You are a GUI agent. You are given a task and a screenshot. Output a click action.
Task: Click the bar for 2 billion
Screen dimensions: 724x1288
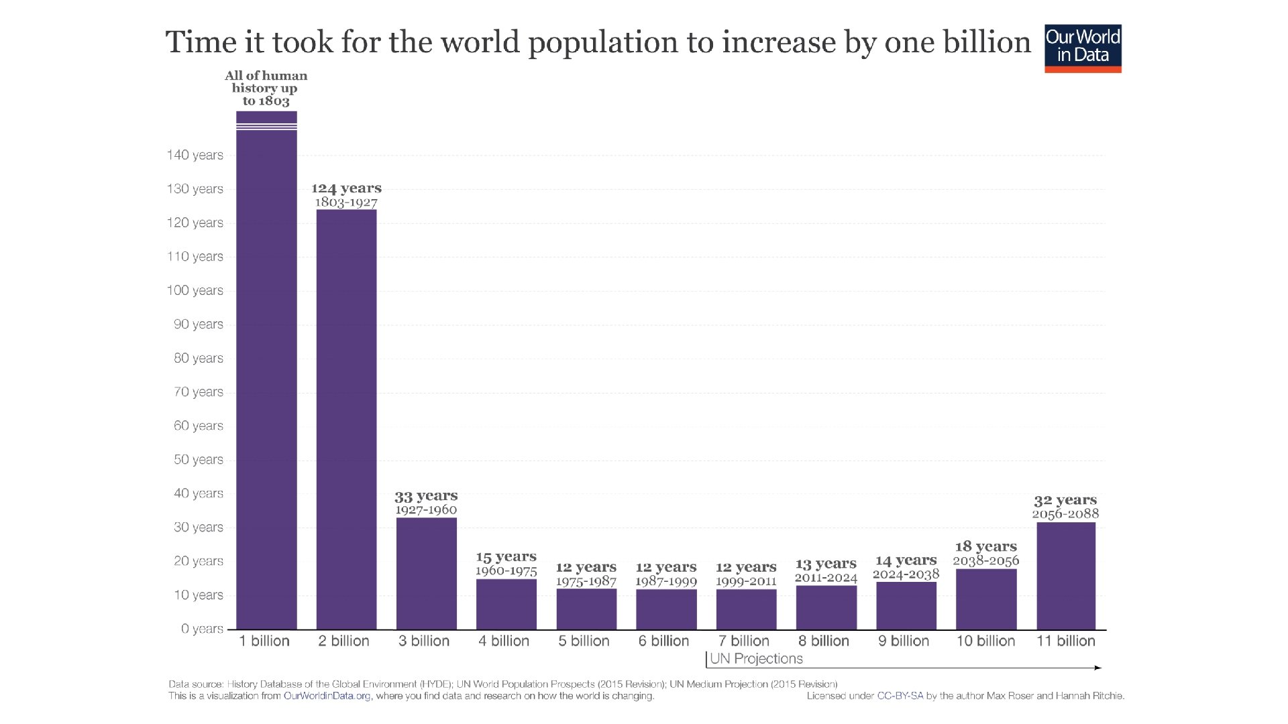click(346, 420)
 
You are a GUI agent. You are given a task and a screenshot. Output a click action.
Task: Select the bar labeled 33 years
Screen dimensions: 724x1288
click(426, 574)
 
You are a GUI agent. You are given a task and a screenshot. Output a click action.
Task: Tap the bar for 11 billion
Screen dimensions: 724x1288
click(1065, 576)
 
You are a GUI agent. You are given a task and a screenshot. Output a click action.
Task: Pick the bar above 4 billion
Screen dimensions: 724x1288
click(506, 604)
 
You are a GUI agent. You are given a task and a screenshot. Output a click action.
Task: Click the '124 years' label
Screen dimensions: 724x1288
click(346, 188)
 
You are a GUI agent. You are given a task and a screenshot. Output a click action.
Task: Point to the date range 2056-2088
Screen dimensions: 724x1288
click(1065, 514)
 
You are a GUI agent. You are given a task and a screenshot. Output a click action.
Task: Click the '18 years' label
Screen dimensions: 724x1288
click(985, 547)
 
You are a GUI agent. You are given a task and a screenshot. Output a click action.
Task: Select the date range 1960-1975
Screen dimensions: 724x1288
click(506, 571)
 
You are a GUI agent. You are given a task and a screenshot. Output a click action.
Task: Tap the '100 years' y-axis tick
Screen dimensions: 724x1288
click(195, 291)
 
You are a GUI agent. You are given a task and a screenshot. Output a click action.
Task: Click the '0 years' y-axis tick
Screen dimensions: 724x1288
click(202, 629)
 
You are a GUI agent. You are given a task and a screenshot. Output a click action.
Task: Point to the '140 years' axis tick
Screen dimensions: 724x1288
click(195, 156)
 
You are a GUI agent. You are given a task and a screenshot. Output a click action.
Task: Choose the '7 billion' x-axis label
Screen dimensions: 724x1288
click(743, 641)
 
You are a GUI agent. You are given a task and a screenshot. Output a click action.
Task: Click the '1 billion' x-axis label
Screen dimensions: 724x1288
click(264, 641)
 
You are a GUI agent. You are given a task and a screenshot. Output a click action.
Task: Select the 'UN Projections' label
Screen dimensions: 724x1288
click(756, 659)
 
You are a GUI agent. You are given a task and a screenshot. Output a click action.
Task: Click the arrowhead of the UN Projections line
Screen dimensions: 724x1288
click(1097, 668)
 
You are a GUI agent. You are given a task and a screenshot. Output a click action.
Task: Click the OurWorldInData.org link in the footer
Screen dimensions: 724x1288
click(327, 696)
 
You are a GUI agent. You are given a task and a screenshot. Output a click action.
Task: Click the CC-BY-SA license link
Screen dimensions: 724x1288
click(900, 696)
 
